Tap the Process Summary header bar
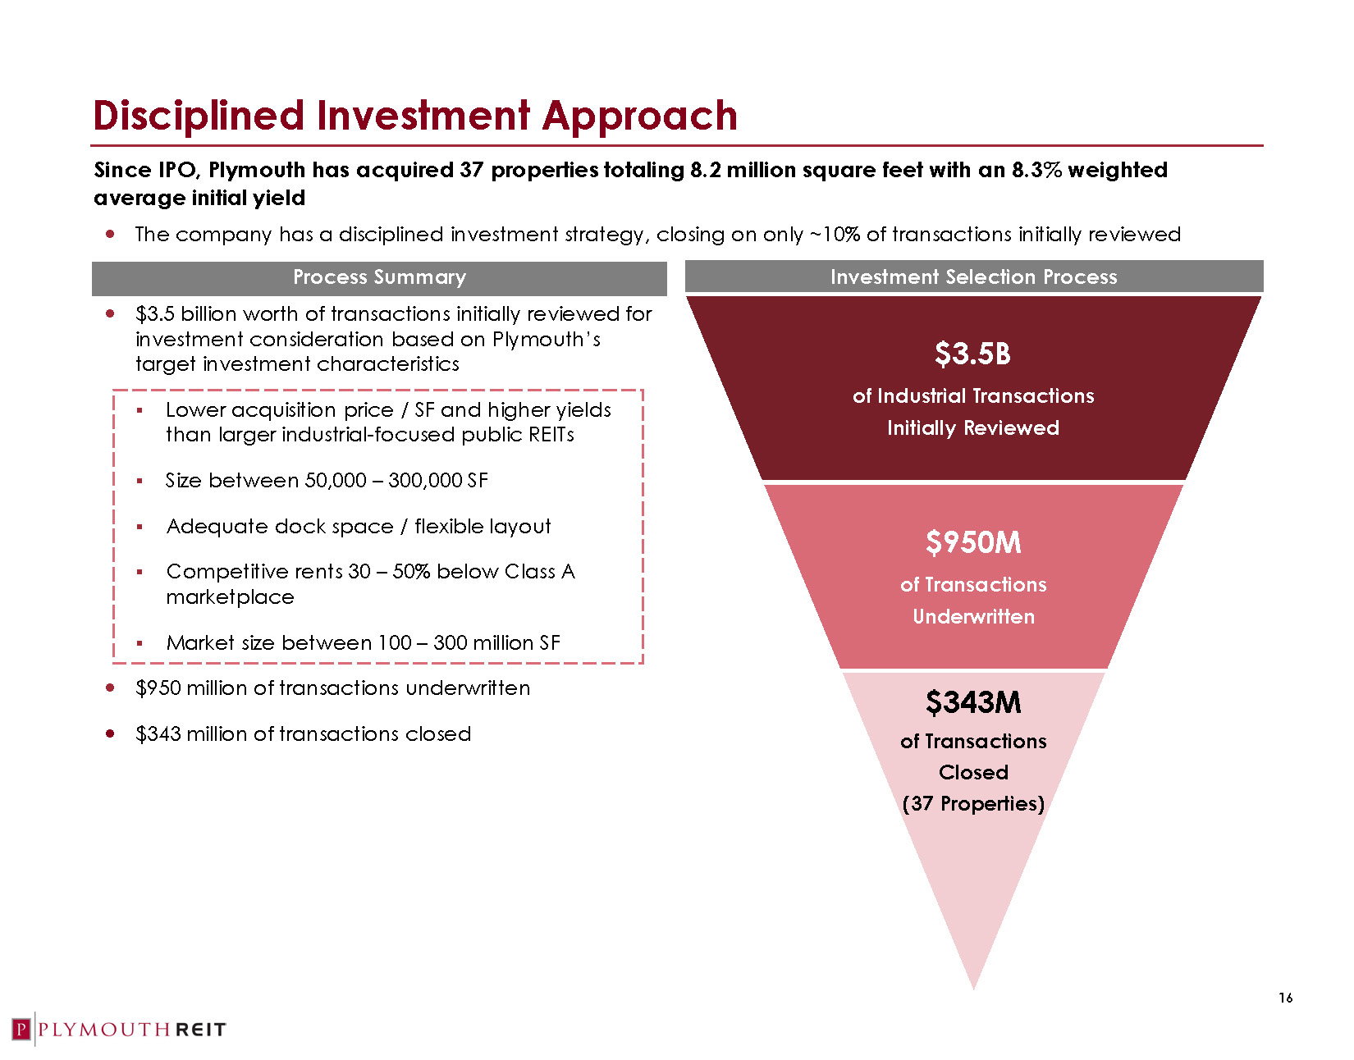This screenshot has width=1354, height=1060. [379, 278]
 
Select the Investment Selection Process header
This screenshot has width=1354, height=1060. [973, 276]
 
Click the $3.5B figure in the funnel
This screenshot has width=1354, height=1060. [972, 353]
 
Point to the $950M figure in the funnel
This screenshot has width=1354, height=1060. [973, 541]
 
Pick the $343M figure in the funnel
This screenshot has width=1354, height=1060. [973, 702]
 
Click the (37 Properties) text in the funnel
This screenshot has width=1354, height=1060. [973, 803]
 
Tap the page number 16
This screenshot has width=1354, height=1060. [1285, 998]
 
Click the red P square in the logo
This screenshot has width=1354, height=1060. [21, 1029]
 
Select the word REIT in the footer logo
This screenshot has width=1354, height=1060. [201, 1030]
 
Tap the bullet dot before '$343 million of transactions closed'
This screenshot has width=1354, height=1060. [110, 733]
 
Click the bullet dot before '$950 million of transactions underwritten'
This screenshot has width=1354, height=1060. [110, 688]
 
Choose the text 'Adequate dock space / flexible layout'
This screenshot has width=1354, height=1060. [359, 527]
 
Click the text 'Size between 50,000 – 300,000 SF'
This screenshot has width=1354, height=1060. [327, 480]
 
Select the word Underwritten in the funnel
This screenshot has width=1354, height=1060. [973, 617]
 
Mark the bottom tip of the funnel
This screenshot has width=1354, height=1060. [973, 989]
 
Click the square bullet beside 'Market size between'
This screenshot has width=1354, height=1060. [140, 643]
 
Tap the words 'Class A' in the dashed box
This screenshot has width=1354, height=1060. [540, 571]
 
